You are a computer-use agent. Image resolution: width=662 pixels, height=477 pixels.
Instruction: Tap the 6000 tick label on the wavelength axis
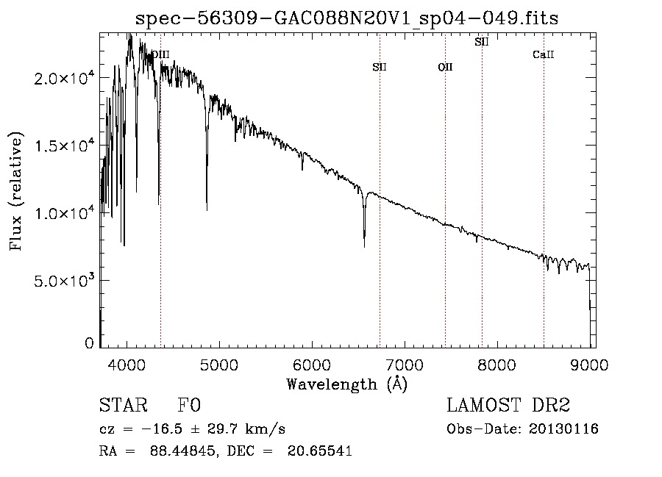click(x=312, y=365)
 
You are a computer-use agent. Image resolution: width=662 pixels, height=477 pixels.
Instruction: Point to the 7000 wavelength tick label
click(x=405, y=365)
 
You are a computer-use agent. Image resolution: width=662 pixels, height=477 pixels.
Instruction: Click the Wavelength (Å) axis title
click(x=346, y=384)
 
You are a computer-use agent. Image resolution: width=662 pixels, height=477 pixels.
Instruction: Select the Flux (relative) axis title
click(x=16, y=191)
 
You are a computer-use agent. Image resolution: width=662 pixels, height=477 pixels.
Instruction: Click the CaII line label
click(x=543, y=55)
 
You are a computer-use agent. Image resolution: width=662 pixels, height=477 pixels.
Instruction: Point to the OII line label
click(x=445, y=68)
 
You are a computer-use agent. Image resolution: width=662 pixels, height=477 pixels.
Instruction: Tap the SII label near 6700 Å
click(x=380, y=67)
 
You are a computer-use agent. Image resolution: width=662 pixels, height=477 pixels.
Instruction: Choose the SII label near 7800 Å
click(x=482, y=42)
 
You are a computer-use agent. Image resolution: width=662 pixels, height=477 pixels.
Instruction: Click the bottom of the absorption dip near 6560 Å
click(x=364, y=246)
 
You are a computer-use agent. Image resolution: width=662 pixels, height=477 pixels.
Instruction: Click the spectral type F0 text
click(x=190, y=406)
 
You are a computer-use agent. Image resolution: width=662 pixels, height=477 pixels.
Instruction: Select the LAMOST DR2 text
click(x=508, y=406)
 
